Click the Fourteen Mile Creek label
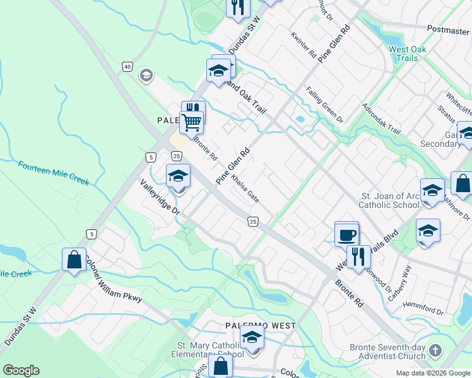point(53,173)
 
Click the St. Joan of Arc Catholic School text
point(389,200)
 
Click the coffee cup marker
point(346,235)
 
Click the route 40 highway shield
point(127,67)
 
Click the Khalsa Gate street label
point(245,189)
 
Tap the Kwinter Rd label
point(304,46)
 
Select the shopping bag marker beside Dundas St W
point(74,260)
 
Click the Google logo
point(21,370)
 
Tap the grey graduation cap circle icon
point(146,76)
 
